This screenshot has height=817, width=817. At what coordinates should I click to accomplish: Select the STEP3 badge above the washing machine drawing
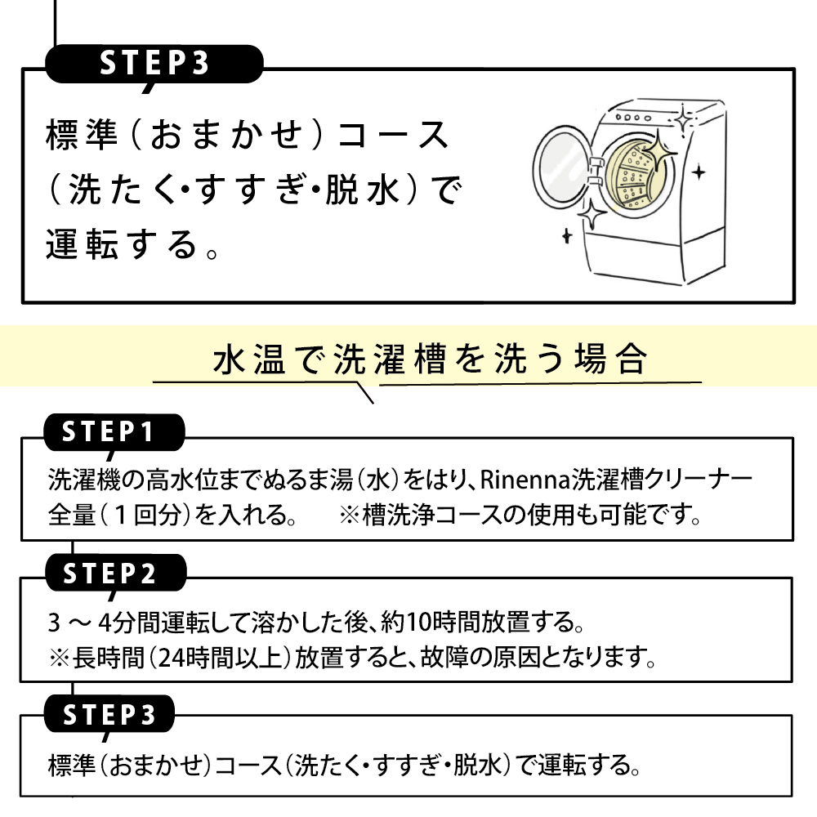point(154,65)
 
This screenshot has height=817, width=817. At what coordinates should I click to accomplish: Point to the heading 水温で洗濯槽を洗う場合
point(430,359)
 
